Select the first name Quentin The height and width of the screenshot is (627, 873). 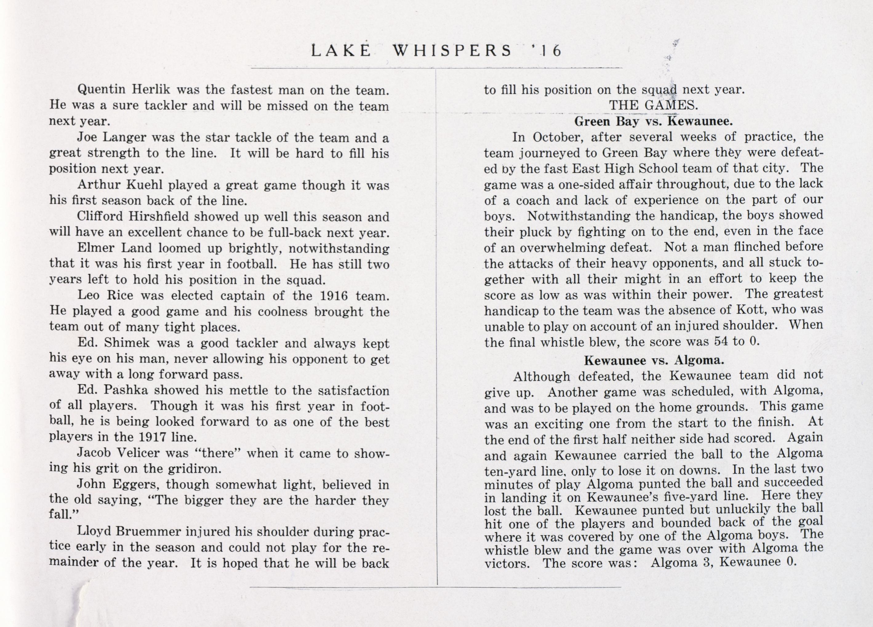click(101, 90)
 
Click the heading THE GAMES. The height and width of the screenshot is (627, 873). click(653, 105)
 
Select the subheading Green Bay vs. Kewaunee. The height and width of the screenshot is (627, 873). click(653, 121)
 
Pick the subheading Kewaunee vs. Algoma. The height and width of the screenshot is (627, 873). click(654, 360)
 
